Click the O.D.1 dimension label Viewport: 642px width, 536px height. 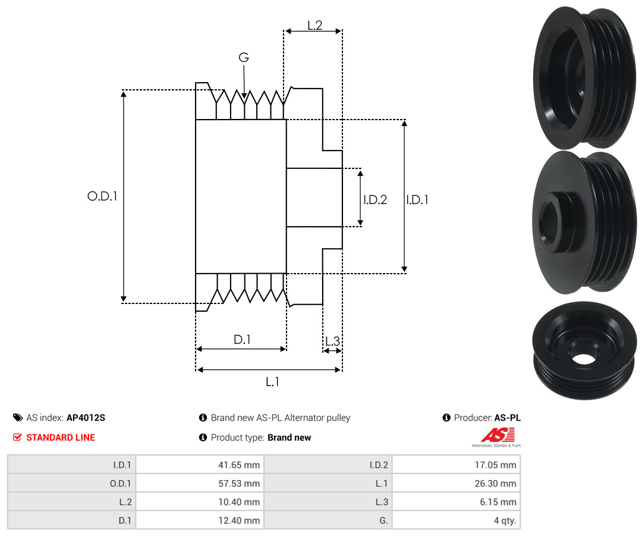102,196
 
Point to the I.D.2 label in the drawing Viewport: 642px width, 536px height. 375,200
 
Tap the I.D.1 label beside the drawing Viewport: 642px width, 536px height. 417,200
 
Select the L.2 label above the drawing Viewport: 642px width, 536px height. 314,26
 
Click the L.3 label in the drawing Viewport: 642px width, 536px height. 332,341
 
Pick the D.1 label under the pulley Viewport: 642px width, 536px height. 242,340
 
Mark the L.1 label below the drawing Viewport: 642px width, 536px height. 272,382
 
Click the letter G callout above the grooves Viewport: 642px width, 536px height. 244,58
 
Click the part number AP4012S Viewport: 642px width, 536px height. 86,418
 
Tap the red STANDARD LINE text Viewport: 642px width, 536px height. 61,437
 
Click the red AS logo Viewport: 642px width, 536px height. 493,435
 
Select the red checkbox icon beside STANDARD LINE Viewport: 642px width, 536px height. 17,437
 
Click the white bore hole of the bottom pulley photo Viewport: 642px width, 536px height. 584,359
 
